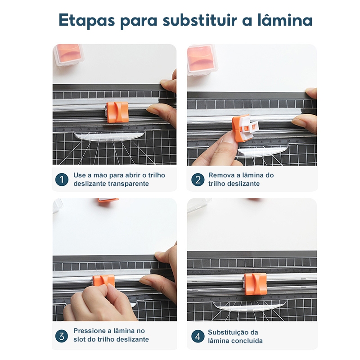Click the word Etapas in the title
click(86, 20)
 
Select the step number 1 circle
click(62, 180)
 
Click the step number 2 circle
click(198, 180)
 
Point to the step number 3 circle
click(62, 336)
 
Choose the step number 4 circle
click(198, 336)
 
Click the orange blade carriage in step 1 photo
click(117, 112)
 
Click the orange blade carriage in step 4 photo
click(255, 284)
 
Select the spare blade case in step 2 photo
click(201, 60)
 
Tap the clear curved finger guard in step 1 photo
click(109, 136)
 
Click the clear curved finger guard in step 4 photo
click(250, 306)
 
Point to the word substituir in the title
click(200, 20)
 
